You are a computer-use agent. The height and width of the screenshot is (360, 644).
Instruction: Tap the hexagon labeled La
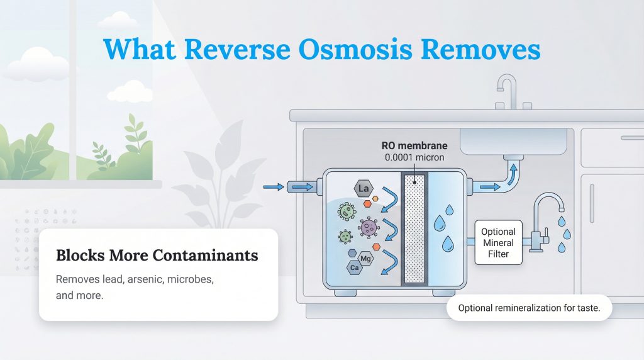click(362, 188)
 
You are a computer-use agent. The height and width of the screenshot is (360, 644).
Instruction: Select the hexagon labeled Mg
click(366, 257)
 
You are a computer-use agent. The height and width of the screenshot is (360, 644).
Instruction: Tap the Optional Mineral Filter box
click(498, 243)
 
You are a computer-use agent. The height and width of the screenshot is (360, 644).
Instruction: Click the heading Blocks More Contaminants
click(157, 256)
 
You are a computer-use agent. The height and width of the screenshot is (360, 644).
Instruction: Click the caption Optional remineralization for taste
click(529, 308)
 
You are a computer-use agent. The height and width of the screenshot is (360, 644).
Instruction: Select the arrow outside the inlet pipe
click(273, 186)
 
